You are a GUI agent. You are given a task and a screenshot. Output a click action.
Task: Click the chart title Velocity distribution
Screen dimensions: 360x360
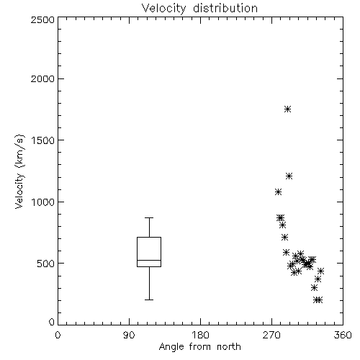[199, 8]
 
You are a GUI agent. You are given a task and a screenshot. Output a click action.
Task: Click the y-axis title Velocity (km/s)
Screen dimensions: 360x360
[19, 171]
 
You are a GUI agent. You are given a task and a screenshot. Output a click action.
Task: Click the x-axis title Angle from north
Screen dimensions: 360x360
[199, 347]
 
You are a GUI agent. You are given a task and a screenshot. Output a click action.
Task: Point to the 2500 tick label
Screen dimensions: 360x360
[42, 19]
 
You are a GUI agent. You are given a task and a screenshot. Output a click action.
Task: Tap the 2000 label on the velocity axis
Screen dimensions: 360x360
[42, 78]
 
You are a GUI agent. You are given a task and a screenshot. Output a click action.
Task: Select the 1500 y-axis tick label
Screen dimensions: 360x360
[43, 140]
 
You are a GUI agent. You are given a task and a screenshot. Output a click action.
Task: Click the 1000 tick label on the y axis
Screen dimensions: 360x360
[43, 202]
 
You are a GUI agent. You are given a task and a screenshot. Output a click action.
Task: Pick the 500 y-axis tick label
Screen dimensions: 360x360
[46, 264]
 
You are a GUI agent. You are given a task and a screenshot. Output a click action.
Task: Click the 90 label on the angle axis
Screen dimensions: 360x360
[129, 335]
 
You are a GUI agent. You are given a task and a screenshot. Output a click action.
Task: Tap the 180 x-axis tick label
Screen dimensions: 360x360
[200, 335]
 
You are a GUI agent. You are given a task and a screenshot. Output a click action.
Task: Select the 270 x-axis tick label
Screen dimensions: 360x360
[271, 335]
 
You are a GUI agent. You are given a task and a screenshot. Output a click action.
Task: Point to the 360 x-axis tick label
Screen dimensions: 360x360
[343, 335]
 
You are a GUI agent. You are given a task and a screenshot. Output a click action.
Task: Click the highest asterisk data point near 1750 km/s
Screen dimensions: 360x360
[287, 109]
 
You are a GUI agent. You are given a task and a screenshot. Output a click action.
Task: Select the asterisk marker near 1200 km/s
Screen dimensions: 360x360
[289, 176]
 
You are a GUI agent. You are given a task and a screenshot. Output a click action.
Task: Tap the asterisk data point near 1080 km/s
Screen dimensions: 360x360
[278, 192]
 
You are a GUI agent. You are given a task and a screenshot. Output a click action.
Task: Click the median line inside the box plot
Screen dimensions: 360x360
[149, 260]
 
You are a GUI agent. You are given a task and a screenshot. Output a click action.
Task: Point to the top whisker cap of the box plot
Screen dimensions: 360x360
[149, 217]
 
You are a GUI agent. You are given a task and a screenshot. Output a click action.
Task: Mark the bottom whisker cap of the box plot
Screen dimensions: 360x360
[149, 300]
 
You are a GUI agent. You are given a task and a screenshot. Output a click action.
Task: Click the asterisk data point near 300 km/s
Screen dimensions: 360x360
[314, 287]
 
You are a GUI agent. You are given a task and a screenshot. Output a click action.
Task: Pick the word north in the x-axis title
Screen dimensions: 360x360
[229, 347]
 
